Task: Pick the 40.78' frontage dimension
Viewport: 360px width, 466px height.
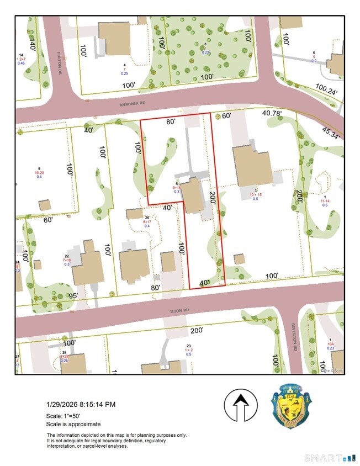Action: coord(272,113)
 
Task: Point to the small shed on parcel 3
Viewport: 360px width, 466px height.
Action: coord(239,258)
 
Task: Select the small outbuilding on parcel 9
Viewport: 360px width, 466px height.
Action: coord(45,205)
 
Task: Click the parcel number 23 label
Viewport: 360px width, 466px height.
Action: coord(189,346)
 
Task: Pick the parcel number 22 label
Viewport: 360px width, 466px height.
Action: coord(67,256)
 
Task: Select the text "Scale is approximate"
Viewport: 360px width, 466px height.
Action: coord(73,424)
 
